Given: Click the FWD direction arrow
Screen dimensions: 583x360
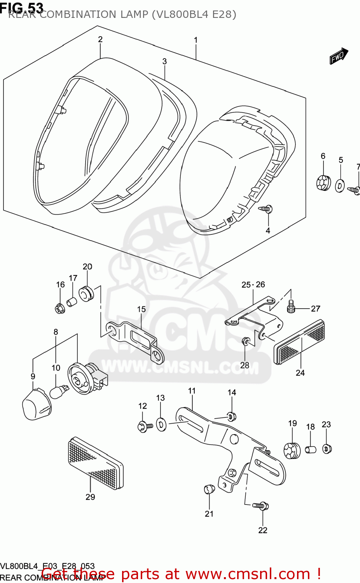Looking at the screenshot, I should tap(339, 56).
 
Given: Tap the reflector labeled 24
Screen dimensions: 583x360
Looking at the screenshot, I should tap(299, 342).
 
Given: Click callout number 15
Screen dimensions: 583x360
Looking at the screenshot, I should tap(141, 309).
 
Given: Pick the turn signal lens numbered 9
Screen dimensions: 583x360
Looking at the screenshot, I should tap(36, 404).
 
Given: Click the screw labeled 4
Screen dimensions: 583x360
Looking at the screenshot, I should tap(266, 209).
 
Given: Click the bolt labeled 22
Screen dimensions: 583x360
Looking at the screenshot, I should tap(261, 506).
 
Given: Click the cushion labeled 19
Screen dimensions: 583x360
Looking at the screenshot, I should tap(292, 450).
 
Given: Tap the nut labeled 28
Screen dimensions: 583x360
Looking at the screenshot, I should tap(245, 341).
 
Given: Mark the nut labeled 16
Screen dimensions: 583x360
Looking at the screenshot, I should tap(59, 309).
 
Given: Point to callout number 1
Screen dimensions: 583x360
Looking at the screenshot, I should tap(196, 40).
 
